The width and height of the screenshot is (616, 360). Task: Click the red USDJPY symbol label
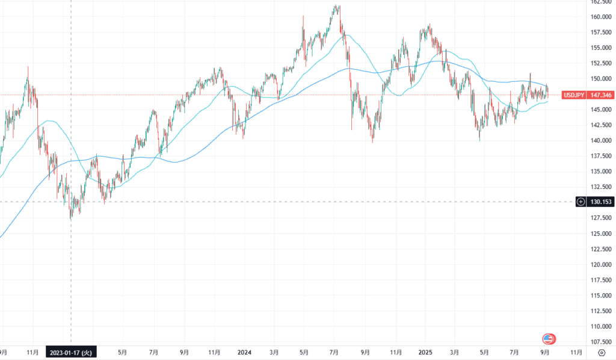pyautogui.click(x=573, y=95)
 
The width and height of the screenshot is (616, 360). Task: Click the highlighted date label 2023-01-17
pyautogui.click(x=70, y=352)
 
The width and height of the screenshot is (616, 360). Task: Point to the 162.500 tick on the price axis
pyautogui.click(x=602, y=2)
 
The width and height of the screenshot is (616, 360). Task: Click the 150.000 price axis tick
pyautogui.click(x=602, y=79)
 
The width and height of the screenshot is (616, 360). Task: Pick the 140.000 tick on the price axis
pyautogui.click(x=602, y=141)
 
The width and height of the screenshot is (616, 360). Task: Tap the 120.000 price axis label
pyautogui.click(x=602, y=265)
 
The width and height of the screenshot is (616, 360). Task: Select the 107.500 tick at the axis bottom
pyautogui.click(x=602, y=342)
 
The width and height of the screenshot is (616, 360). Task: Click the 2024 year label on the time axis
pyautogui.click(x=244, y=352)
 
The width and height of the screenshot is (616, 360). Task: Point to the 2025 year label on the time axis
pyautogui.click(x=425, y=352)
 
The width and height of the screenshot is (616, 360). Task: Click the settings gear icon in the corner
pyautogui.click(x=602, y=353)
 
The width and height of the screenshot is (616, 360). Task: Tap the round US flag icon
pyautogui.click(x=549, y=338)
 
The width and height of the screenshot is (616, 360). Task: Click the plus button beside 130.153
pyautogui.click(x=581, y=202)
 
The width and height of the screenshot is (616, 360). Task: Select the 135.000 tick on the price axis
pyautogui.click(x=602, y=172)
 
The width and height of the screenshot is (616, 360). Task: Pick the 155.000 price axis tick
pyautogui.click(x=602, y=48)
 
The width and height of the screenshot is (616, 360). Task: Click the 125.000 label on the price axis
pyautogui.click(x=602, y=234)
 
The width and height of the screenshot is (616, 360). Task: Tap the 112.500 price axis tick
pyautogui.click(x=602, y=311)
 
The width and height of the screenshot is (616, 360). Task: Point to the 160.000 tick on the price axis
pyautogui.click(x=602, y=17)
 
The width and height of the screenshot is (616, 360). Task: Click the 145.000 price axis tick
pyautogui.click(x=602, y=110)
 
